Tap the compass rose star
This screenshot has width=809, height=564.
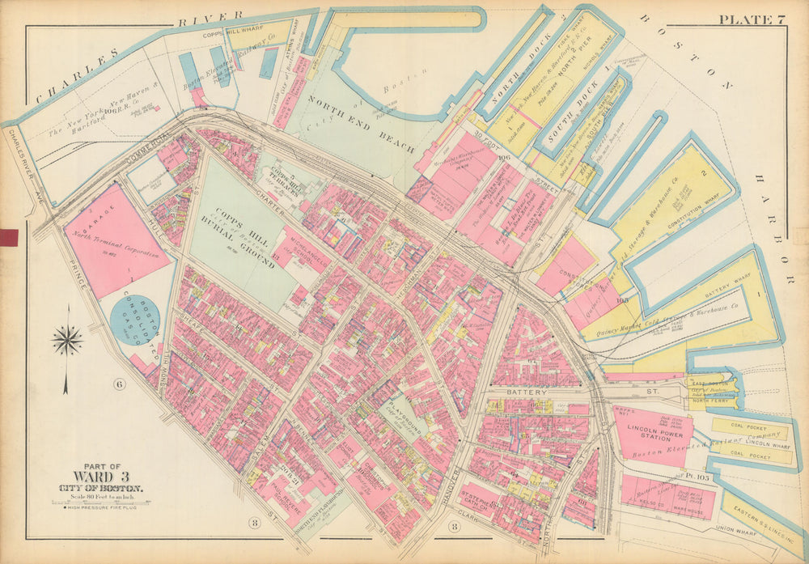tap(66, 341)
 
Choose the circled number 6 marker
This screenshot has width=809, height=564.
tap(119, 384)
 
